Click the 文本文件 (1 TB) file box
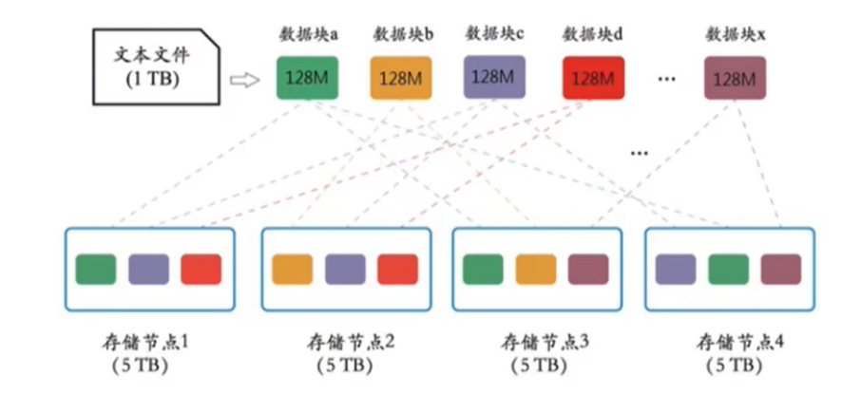coord(152,66)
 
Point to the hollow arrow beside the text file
coord(245,81)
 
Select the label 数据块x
coord(736,34)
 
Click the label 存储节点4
coord(731,340)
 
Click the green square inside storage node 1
coord(96,269)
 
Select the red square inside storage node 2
coord(397,269)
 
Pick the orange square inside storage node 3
coord(536,269)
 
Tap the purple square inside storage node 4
coord(675,269)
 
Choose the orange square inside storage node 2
coord(292,269)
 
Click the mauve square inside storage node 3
coord(588,269)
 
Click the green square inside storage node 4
coord(728,269)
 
